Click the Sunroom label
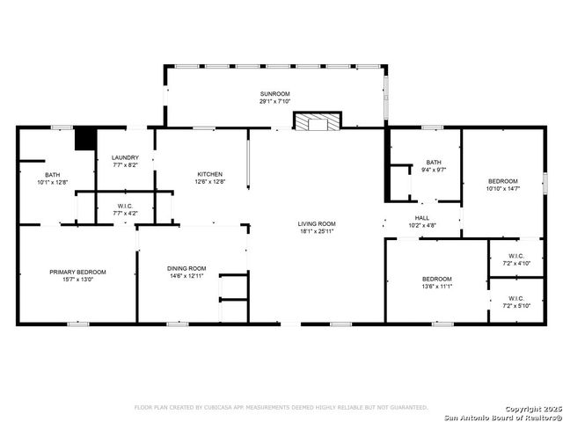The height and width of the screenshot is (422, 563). coord(274,93)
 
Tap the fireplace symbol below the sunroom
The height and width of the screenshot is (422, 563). coord(315,122)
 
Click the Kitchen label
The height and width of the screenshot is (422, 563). coord(209,174)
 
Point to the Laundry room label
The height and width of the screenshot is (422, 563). coord(125,157)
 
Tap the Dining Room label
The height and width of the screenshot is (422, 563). coord(186,268)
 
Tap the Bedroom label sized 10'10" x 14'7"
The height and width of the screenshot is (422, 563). coord(502,181)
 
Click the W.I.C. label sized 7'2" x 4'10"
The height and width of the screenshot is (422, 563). coord(515,257)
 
